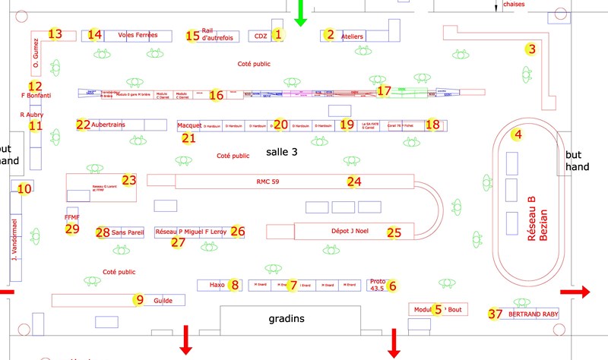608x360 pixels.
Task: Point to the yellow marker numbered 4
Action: pos(518,136)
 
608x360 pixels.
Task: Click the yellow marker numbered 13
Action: pos(55,34)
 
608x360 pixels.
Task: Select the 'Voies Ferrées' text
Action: pos(138,35)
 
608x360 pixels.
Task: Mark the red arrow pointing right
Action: pos(575,292)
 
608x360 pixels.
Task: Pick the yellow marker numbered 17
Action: pos(384,90)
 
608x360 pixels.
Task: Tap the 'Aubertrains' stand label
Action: pos(107,124)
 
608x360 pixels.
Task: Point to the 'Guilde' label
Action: pos(163,301)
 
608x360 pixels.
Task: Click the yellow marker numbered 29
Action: pos(72,229)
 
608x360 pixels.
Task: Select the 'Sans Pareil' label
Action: pos(128,232)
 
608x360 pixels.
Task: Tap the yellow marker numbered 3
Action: pos(531,49)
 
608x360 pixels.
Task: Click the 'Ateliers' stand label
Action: pos(353,36)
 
